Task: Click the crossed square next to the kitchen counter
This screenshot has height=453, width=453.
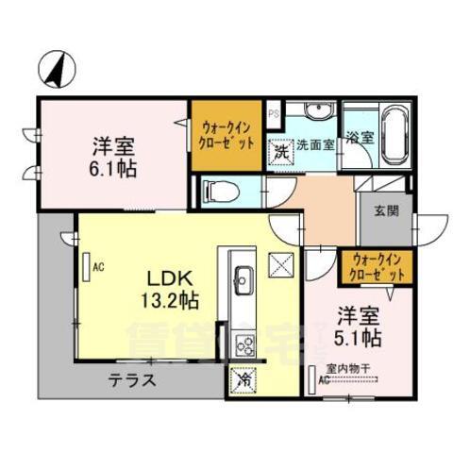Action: [x=281, y=264]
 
